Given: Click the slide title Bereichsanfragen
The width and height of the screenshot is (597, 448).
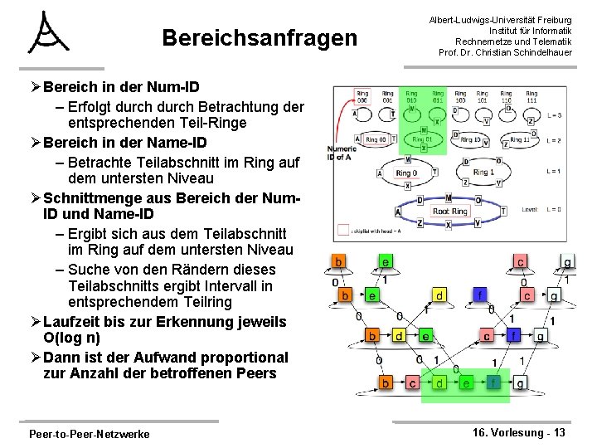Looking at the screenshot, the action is tap(260, 38).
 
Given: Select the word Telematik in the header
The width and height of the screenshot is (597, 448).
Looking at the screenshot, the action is tap(546, 41).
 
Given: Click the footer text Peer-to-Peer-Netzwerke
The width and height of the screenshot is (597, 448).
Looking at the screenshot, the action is tap(89, 434).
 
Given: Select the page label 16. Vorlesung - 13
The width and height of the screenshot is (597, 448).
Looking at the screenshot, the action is tap(519, 432).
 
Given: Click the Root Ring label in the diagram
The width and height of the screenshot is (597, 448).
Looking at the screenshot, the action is tap(450, 211).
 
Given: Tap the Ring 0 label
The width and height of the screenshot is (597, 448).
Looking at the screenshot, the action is tap(406, 173).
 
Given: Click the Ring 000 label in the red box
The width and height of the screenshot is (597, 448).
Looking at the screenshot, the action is tap(362, 96).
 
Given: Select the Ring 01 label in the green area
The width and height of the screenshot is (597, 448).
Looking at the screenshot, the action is tap(423, 139).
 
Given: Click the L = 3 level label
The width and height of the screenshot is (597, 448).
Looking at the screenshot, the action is tap(554, 115).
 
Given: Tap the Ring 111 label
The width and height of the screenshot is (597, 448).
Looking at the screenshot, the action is tap(528, 96).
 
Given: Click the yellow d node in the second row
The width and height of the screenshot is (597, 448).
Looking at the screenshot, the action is tap(440, 295).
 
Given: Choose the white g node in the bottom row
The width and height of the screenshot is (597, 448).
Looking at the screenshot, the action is tap(520, 383).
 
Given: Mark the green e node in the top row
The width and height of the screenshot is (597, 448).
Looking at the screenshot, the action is tap(386, 262).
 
